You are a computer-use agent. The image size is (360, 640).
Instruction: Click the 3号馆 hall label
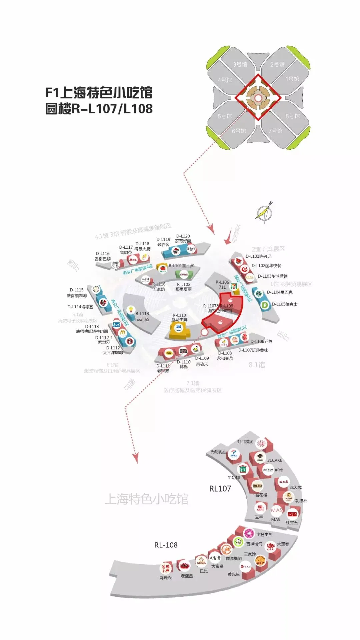tap(240, 64)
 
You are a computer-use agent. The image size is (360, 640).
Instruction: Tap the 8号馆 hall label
tap(292, 116)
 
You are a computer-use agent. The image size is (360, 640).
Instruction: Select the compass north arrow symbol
tap(264, 212)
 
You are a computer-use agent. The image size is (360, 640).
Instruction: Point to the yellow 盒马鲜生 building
tap(179, 330)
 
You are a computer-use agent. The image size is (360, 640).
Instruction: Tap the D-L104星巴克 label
tap(280, 292)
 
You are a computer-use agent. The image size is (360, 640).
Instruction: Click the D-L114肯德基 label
tap(80, 307)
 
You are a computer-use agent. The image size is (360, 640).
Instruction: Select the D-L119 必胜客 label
tap(163, 242)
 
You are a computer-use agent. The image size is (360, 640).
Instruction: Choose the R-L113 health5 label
tap(142, 316)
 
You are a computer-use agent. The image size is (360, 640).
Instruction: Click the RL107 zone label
tap(220, 489)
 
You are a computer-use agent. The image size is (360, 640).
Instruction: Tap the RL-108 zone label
tap(166, 545)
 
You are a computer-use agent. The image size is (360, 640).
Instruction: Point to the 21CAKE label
tap(275, 460)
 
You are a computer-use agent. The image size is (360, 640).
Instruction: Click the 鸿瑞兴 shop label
tap(165, 578)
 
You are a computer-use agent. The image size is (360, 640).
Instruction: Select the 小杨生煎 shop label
tap(264, 534)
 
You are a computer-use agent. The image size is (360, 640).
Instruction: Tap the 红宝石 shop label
tap(292, 523)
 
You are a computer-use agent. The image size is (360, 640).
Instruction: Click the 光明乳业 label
tap(218, 452)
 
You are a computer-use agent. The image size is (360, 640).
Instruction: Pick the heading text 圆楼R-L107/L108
tap(99, 109)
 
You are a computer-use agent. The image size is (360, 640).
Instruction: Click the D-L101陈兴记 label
tap(258, 256)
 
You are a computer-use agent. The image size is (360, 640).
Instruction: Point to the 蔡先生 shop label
tap(234, 574)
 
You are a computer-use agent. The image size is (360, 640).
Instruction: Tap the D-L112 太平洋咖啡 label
tap(113, 350)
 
